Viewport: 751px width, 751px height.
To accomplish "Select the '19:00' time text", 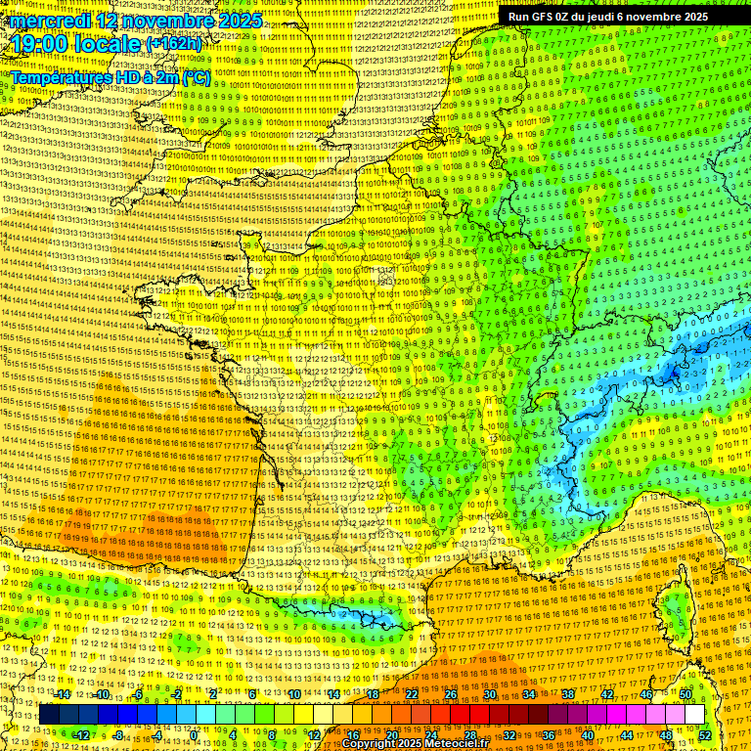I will click(39, 44).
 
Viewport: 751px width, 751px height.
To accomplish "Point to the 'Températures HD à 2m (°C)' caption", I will click(110, 76).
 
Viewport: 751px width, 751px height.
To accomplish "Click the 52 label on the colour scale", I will click(705, 734).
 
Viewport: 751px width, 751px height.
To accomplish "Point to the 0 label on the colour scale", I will click(194, 734).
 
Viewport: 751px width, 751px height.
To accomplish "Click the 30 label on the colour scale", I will click(489, 694).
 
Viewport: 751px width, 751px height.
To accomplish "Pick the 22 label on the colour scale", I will click(412, 694).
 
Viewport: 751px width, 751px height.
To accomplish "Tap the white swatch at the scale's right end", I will click(694, 715).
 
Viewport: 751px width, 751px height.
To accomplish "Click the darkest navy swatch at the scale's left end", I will click(50, 715).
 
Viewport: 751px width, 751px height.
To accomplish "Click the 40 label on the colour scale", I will click(588, 734).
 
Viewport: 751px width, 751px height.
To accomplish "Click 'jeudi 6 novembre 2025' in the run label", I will click(654, 17).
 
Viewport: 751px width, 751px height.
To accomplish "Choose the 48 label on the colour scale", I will click(666, 734).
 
